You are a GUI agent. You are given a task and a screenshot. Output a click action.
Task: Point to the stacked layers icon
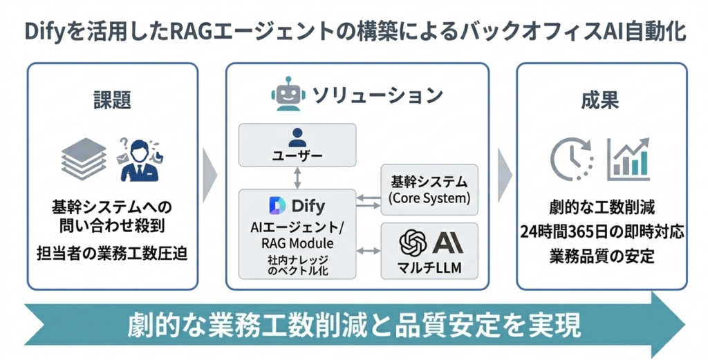pyautogui.click(x=84, y=158)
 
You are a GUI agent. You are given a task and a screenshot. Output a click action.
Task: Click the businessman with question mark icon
pyautogui.click(x=139, y=158)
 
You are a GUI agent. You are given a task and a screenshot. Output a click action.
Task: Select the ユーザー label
pyautogui.click(x=297, y=156)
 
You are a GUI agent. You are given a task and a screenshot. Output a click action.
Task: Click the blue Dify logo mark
pyautogui.click(x=277, y=206)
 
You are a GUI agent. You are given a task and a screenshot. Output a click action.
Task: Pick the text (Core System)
pyautogui.click(x=429, y=198)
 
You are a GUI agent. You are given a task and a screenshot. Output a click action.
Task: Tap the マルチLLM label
pyautogui.click(x=429, y=267)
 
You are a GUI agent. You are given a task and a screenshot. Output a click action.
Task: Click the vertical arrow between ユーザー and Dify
pyautogui.click(x=297, y=178)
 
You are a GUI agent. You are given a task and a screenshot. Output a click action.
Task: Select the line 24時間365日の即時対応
pyautogui.click(x=602, y=231)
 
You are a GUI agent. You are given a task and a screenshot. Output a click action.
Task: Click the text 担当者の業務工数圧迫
pyautogui.click(x=112, y=252)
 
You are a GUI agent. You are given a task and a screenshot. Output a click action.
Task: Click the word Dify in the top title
pyautogui.click(x=45, y=32)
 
